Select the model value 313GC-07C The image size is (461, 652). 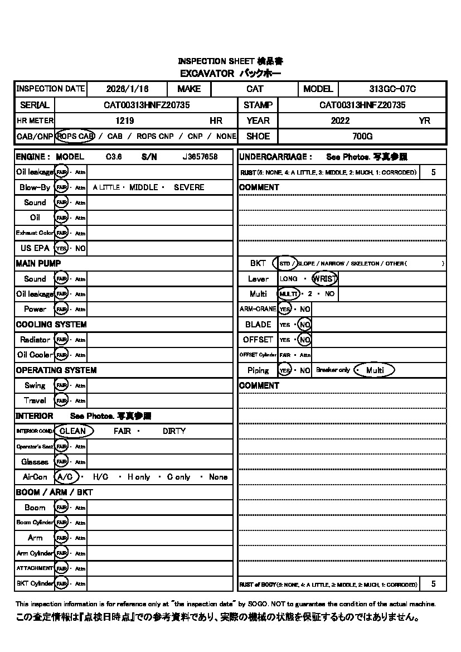coord(392,89)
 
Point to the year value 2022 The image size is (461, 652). coord(340,120)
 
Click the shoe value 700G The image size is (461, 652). coord(362,136)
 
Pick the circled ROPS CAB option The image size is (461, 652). coord(75,136)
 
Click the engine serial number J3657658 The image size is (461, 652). coord(200,157)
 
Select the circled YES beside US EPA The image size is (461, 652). coord(61,248)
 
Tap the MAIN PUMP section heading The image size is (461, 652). coord(38,263)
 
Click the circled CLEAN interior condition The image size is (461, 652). coord(73,431)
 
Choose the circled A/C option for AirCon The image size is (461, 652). coord(66,477)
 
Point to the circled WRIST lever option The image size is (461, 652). coord(325,279)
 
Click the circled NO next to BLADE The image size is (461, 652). coord(304,325)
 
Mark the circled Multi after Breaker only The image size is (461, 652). coord(375,370)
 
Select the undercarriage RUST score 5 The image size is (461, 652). coord(434,172)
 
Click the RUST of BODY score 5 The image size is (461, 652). coord(434,584)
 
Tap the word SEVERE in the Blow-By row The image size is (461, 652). coord(189,187)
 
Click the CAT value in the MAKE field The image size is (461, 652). coord(255,89)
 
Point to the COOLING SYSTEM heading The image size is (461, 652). coord(51,325)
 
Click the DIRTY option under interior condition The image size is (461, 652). coord(174,431)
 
